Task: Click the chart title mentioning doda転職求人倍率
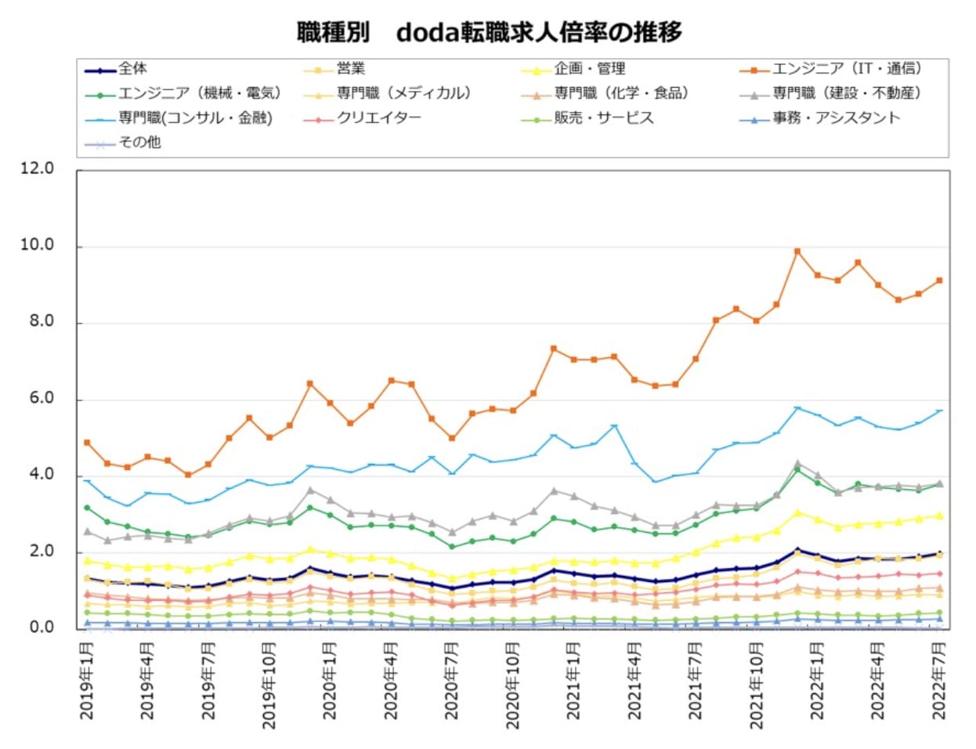coord(489,32)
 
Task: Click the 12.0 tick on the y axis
coord(38,168)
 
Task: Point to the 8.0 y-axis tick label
coord(38,321)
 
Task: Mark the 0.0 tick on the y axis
coord(38,628)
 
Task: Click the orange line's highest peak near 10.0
coord(797,251)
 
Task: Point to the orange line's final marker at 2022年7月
coord(938,280)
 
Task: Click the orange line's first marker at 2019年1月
coord(87,443)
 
